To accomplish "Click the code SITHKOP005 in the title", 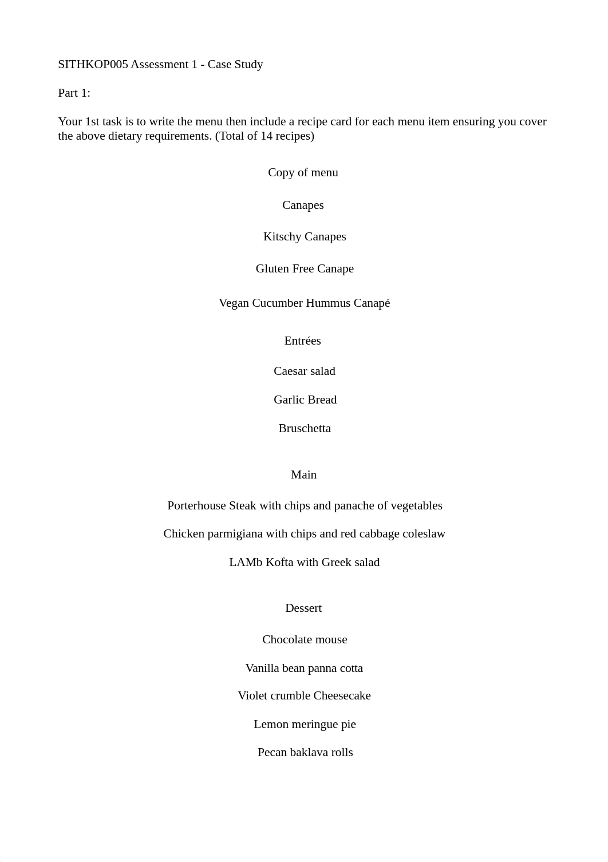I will click(x=93, y=65).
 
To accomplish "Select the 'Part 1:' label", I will click(x=74, y=93).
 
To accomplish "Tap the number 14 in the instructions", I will click(x=266, y=136).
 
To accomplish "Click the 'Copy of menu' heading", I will click(x=303, y=173).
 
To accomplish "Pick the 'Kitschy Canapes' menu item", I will click(x=305, y=237).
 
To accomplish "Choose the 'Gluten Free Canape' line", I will click(x=305, y=269).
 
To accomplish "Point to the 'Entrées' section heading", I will click(x=302, y=341).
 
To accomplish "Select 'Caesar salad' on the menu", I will click(x=305, y=371).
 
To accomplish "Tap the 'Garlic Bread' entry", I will click(x=305, y=400).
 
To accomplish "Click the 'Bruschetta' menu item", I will click(x=305, y=429).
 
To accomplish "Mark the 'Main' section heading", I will click(x=303, y=475).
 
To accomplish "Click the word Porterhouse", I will click(x=196, y=506).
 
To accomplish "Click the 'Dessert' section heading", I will click(x=303, y=608).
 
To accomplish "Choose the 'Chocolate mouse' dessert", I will click(x=305, y=640).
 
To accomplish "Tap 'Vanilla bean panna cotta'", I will click(x=304, y=669).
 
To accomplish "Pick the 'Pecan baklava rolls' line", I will click(x=305, y=753).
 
